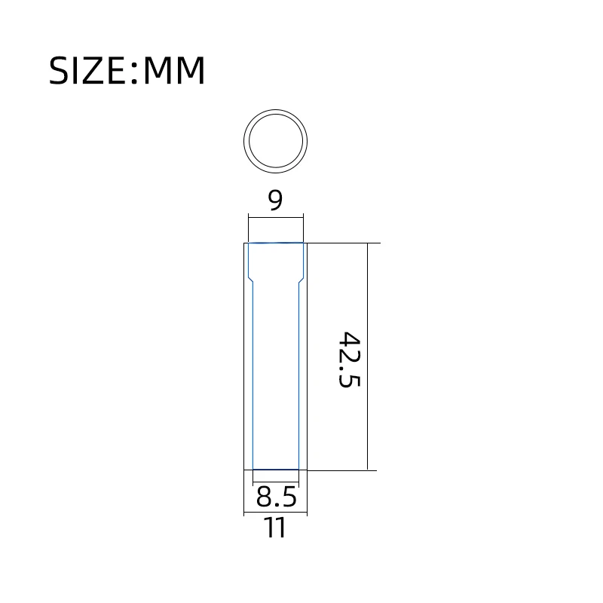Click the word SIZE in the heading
point(87,70)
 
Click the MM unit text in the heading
point(174,70)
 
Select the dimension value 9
point(275,200)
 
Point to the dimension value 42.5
point(349,360)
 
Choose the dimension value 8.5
point(276,497)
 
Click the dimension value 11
point(275,528)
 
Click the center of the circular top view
point(275,141)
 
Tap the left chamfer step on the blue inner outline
point(251,280)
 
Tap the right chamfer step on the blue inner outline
point(301,280)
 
